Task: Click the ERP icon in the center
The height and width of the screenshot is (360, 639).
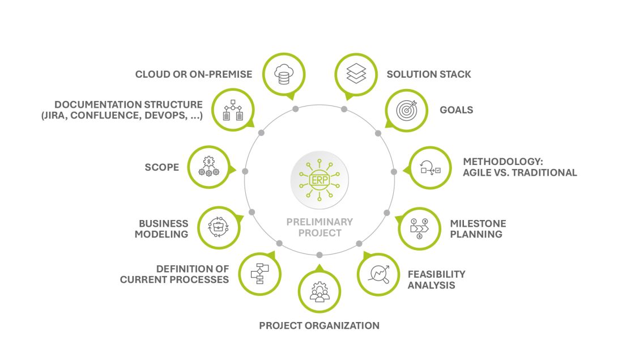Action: click(x=320, y=180)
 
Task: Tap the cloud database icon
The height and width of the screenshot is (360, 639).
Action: click(x=284, y=74)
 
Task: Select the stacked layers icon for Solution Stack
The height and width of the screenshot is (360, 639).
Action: click(x=356, y=74)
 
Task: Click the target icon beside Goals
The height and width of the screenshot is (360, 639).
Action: click(x=407, y=110)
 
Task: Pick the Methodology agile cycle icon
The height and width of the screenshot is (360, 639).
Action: click(x=431, y=168)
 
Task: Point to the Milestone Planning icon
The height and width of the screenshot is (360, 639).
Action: click(x=419, y=228)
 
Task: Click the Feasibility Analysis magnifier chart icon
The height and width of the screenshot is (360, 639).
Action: click(x=378, y=274)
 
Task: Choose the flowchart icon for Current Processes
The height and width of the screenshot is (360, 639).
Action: click(x=260, y=274)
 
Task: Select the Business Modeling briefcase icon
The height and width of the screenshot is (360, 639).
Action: click(x=219, y=227)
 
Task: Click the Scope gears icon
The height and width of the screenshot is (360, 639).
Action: click(x=208, y=166)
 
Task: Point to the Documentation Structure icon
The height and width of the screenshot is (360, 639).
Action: click(x=233, y=109)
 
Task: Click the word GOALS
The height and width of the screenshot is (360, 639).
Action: click(x=457, y=110)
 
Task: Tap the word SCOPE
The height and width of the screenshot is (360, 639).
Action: click(x=162, y=167)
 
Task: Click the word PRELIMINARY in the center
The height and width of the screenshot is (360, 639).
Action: click(x=320, y=222)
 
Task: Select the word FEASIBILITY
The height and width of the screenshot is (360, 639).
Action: click(x=436, y=274)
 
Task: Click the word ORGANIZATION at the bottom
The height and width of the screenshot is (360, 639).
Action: click(x=344, y=325)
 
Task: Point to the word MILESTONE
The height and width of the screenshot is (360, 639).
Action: click(x=478, y=223)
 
